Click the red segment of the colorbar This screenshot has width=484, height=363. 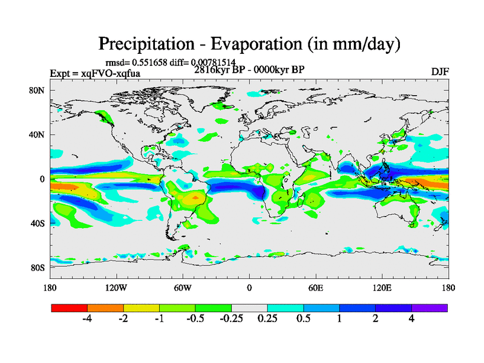click(70, 308)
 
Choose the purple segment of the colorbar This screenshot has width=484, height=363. click(430, 308)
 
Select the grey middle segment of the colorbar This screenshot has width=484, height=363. click(249, 308)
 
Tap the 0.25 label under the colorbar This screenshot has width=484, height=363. click(267, 319)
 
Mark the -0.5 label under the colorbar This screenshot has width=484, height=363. click(195, 319)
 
